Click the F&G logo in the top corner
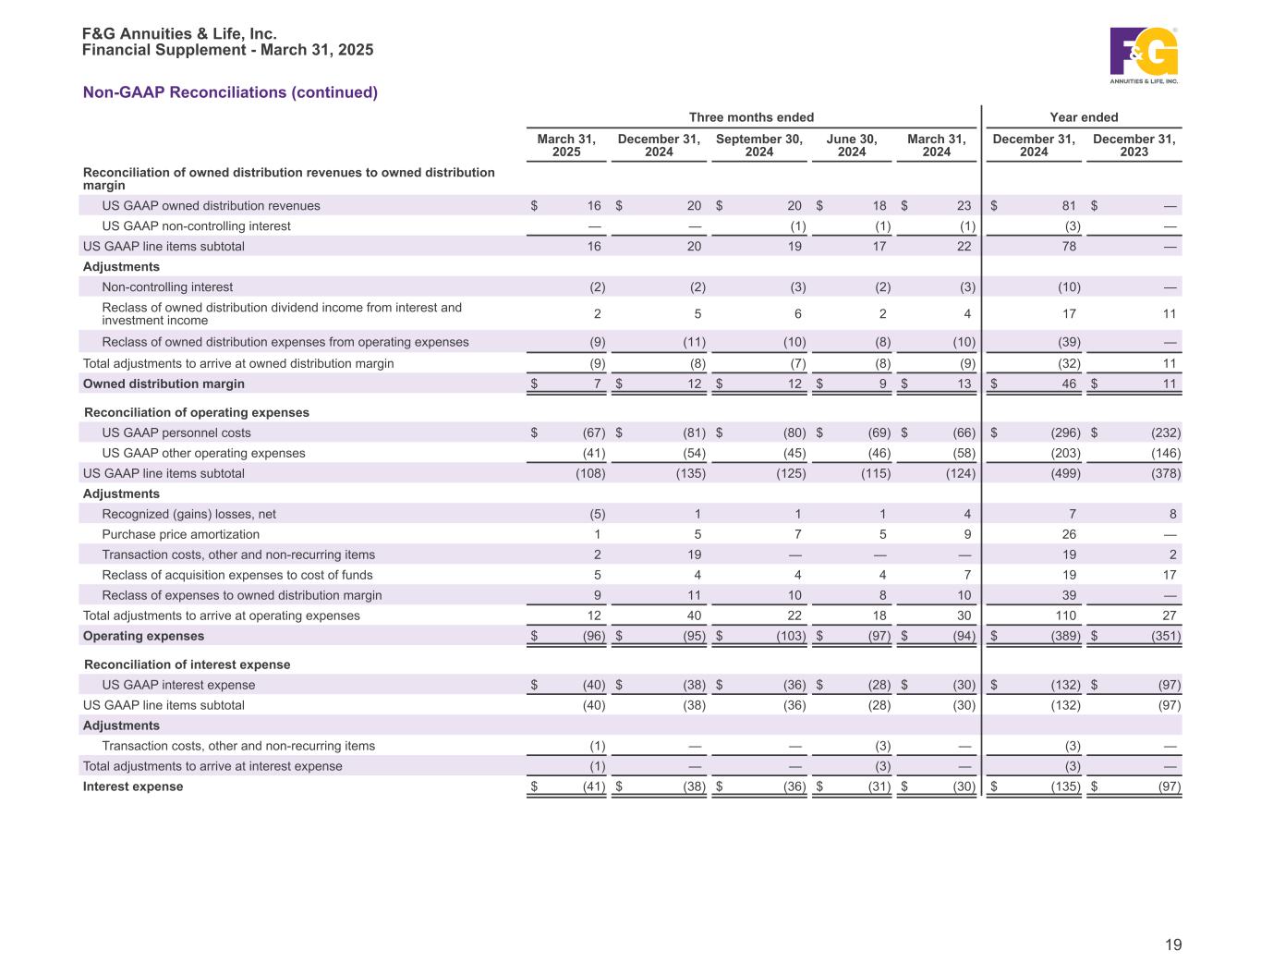coord(1144,55)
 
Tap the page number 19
coord(1172,945)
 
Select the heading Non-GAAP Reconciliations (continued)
coord(230,92)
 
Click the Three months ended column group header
coord(751,117)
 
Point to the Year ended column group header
coord(1084,117)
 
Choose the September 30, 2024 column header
coord(759,146)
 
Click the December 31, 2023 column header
coord(1134,146)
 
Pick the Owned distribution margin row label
coord(164,384)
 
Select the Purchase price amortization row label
coord(180,534)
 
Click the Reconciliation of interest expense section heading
coord(187,664)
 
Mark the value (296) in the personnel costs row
coord(1065,433)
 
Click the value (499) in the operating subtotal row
coord(1065,473)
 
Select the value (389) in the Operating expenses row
coord(1065,636)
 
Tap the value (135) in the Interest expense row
coord(1065,786)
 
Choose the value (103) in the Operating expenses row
coord(790,636)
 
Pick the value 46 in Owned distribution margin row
coord(1069,384)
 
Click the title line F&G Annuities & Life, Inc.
coord(179,34)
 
